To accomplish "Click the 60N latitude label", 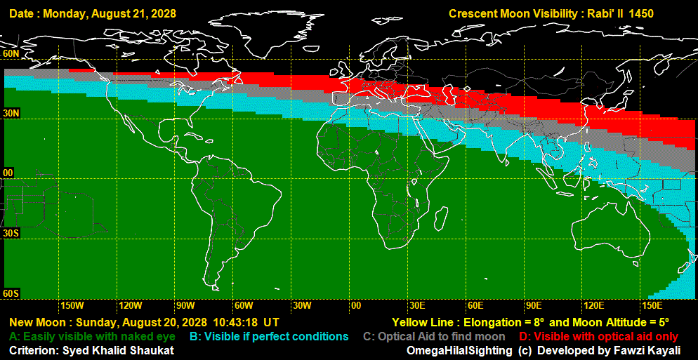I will (11, 53).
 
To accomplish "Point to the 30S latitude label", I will (11, 232).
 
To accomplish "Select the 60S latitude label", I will (11, 293).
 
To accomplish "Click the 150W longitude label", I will (72, 305).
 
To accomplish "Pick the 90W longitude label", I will (185, 305).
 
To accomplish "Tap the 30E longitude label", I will (417, 305).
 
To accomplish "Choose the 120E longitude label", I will (594, 305).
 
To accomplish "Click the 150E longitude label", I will (652, 305).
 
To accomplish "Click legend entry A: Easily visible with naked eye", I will (92, 337).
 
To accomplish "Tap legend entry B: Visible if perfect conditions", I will (269, 337).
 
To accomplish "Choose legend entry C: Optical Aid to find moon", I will (434, 337).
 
